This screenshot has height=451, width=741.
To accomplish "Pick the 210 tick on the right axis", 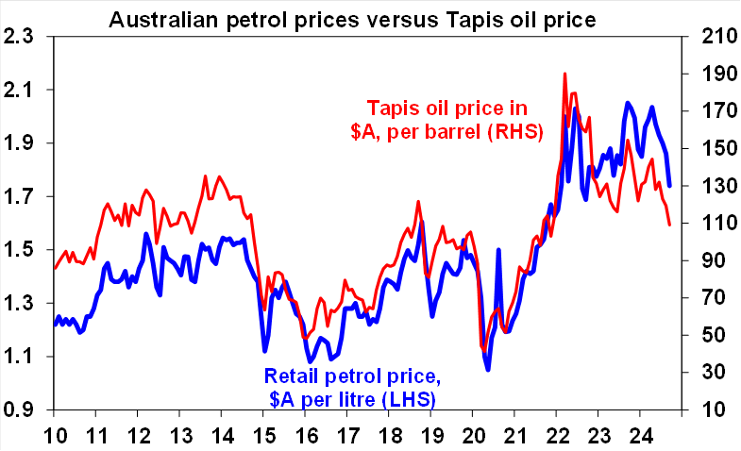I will click(712, 37).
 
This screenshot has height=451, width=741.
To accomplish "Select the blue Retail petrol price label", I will click(352, 387).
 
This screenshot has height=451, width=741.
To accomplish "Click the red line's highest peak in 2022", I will click(564, 73).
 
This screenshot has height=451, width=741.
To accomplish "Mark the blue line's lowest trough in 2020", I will click(488, 370).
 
